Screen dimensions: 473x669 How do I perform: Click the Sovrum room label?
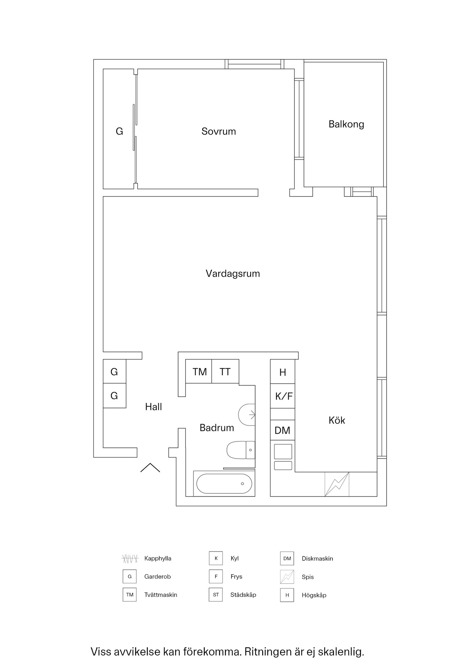[x=219, y=131]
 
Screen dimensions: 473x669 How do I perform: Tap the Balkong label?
[x=346, y=124]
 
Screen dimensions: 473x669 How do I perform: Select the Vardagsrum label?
[x=232, y=274]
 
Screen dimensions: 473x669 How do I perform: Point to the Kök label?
[x=337, y=420]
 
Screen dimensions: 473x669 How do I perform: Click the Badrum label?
[x=216, y=428]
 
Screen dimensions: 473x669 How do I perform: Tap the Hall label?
[x=153, y=407]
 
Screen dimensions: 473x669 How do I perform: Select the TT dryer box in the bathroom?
[x=225, y=371]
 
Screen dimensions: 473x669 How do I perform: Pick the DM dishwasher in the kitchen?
[x=282, y=430]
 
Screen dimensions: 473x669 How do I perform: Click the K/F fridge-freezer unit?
[x=283, y=396]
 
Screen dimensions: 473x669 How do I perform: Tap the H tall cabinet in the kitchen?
[x=283, y=372]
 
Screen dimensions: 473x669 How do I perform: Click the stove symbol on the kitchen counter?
[x=337, y=484]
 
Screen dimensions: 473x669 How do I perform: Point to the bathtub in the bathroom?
[x=224, y=484]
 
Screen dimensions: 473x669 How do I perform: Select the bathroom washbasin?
[x=247, y=415]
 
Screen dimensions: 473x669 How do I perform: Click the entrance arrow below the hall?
[x=150, y=468]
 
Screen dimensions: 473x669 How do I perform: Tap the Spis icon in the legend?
[x=287, y=577]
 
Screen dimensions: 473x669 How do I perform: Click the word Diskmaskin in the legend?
[x=317, y=559]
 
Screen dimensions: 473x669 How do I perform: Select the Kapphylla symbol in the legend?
[x=130, y=559]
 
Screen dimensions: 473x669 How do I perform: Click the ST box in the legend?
[x=216, y=595]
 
